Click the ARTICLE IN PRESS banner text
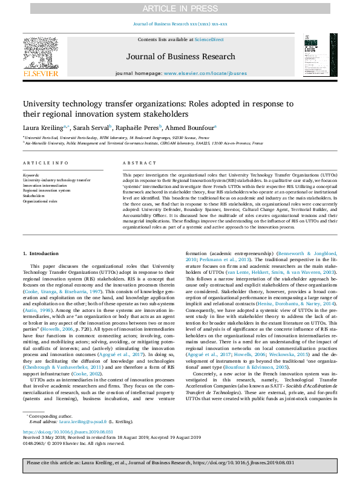[180, 8]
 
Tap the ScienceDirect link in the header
[209, 39]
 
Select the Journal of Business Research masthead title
[180, 57]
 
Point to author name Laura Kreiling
[42, 128]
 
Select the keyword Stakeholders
[34, 196]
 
